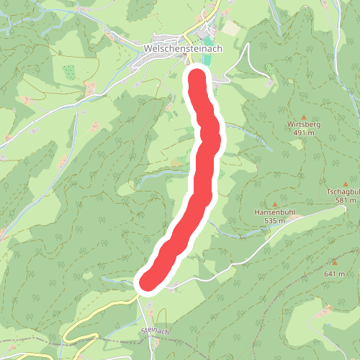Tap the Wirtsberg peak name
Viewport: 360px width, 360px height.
click(303, 125)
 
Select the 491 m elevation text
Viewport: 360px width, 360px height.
click(305, 133)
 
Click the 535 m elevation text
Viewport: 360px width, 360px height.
click(274, 221)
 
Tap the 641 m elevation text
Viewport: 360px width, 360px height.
click(335, 274)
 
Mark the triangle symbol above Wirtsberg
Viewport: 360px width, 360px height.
click(303, 116)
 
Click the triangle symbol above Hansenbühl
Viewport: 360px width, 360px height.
click(274, 204)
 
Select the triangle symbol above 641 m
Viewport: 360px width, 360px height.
click(334, 264)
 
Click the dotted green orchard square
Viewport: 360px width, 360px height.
click(69, 72)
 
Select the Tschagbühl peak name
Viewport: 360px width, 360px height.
click(342, 192)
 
